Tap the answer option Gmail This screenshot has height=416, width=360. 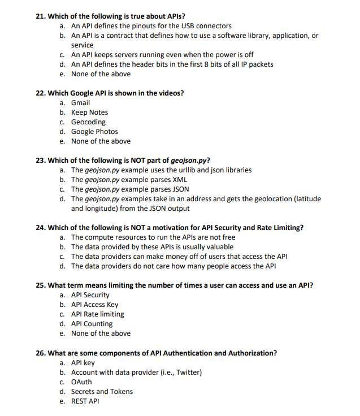point(80,103)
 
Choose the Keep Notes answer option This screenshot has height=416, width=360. point(89,112)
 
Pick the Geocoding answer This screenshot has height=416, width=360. point(88,122)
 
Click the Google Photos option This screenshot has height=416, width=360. point(94,132)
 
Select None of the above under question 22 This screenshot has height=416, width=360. point(101,141)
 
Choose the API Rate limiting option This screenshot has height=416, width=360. point(97,314)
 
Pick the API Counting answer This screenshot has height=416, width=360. point(92,324)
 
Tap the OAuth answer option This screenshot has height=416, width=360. point(81,382)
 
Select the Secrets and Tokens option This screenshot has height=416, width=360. point(102,392)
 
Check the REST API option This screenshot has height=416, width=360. point(85,401)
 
